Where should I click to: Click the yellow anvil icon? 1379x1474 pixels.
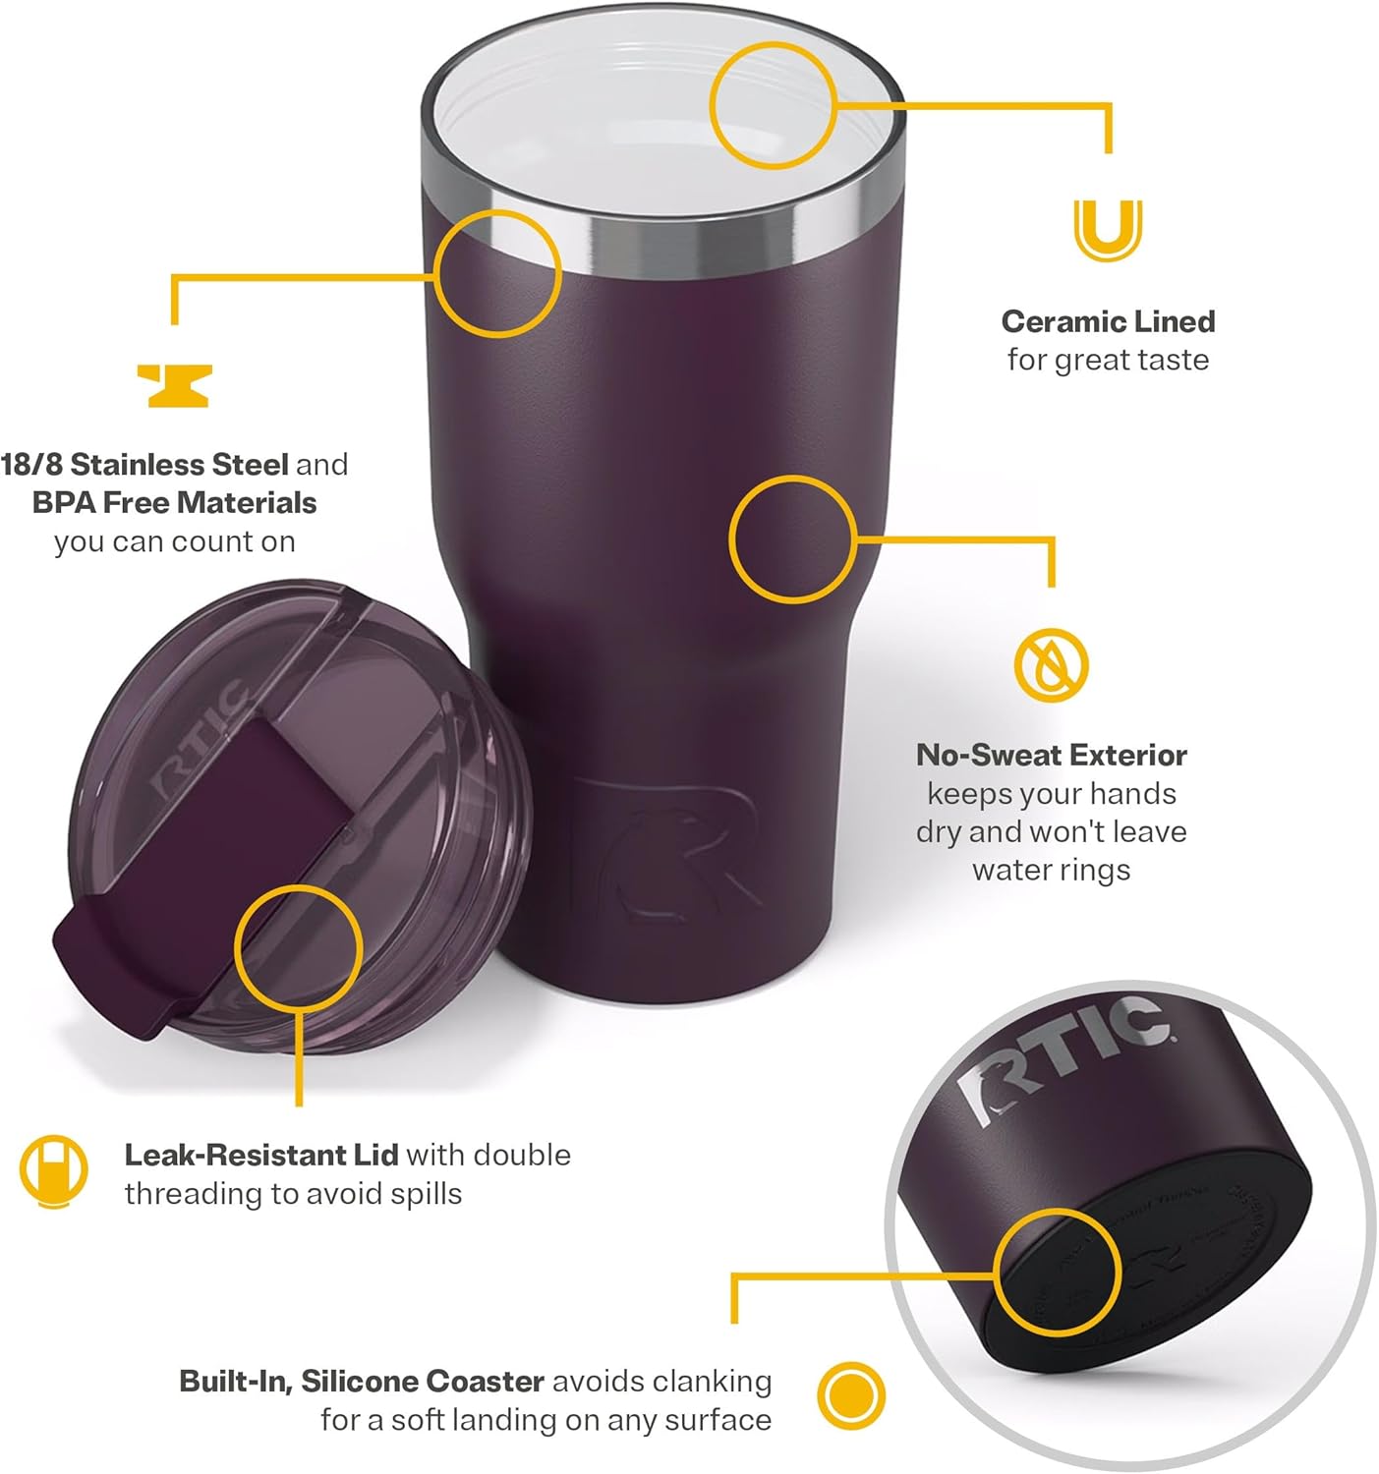coord(174,385)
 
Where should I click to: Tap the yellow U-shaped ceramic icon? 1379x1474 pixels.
coord(1108,230)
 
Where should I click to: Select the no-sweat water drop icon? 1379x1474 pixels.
coord(1052,665)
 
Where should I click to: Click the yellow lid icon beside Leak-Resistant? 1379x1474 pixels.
coord(54,1171)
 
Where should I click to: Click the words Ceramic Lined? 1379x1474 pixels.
coord(1108,321)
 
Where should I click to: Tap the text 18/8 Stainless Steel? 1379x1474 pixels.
coord(144,464)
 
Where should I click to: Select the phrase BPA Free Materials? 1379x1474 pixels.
coord(174,502)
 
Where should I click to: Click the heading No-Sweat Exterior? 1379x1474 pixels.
coord(1051,755)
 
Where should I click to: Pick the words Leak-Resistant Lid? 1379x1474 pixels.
coord(260,1155)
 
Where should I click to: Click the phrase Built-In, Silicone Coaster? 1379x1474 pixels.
coord(362,1382)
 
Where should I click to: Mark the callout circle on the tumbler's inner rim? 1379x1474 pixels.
coord(773,105)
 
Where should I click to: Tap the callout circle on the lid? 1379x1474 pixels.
coord(299,947)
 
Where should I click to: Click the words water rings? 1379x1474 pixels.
coord(1051,871)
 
